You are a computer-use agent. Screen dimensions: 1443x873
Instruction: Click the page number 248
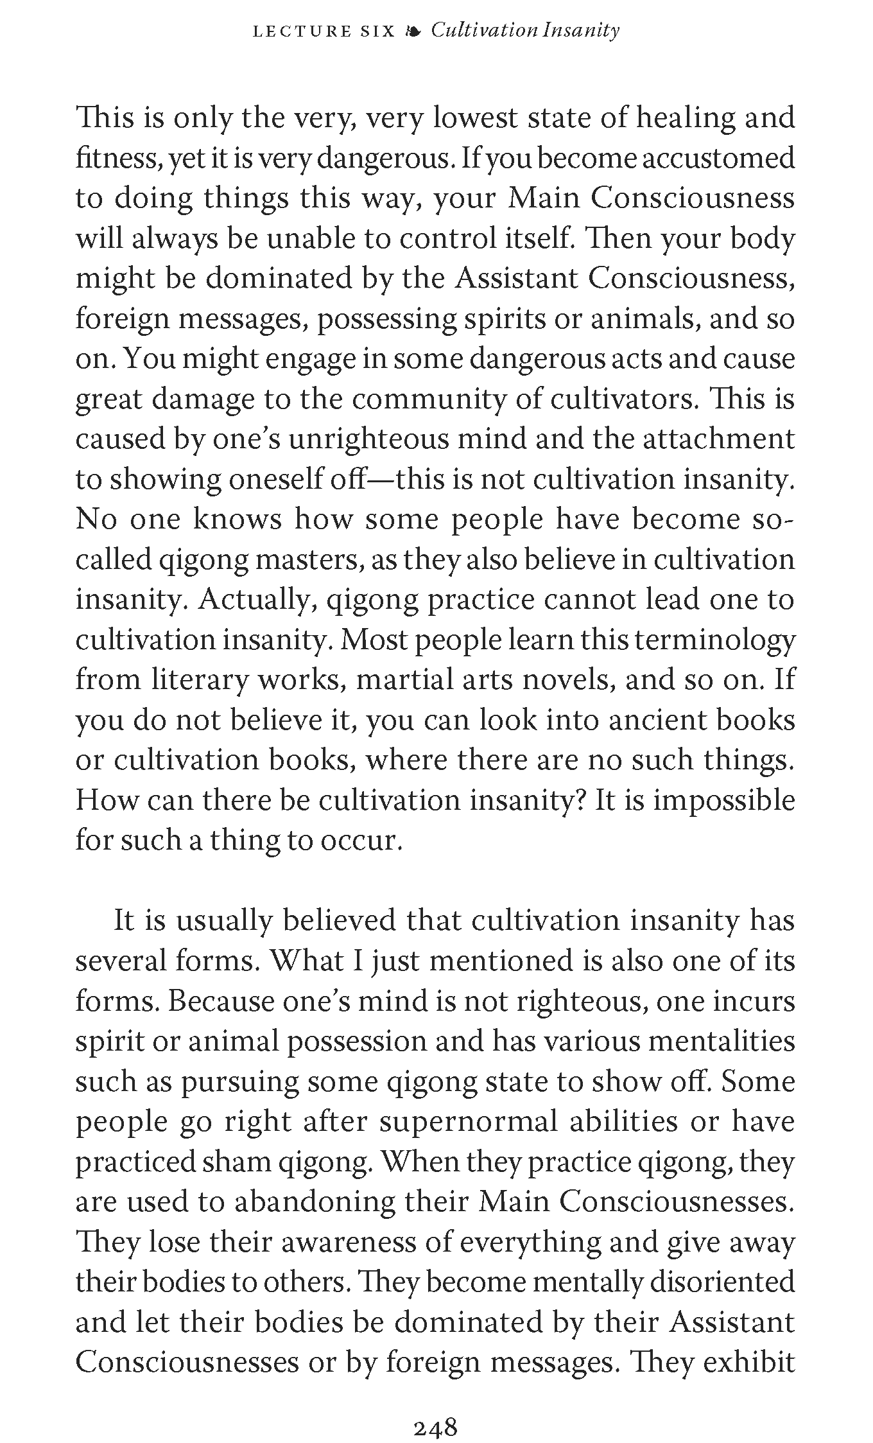click(435, 1410)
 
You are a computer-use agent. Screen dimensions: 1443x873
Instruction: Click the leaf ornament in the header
click(413, 31)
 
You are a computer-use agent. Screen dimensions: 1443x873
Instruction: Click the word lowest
click(475, 119)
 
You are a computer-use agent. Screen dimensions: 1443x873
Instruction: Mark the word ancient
click(649, 721)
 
